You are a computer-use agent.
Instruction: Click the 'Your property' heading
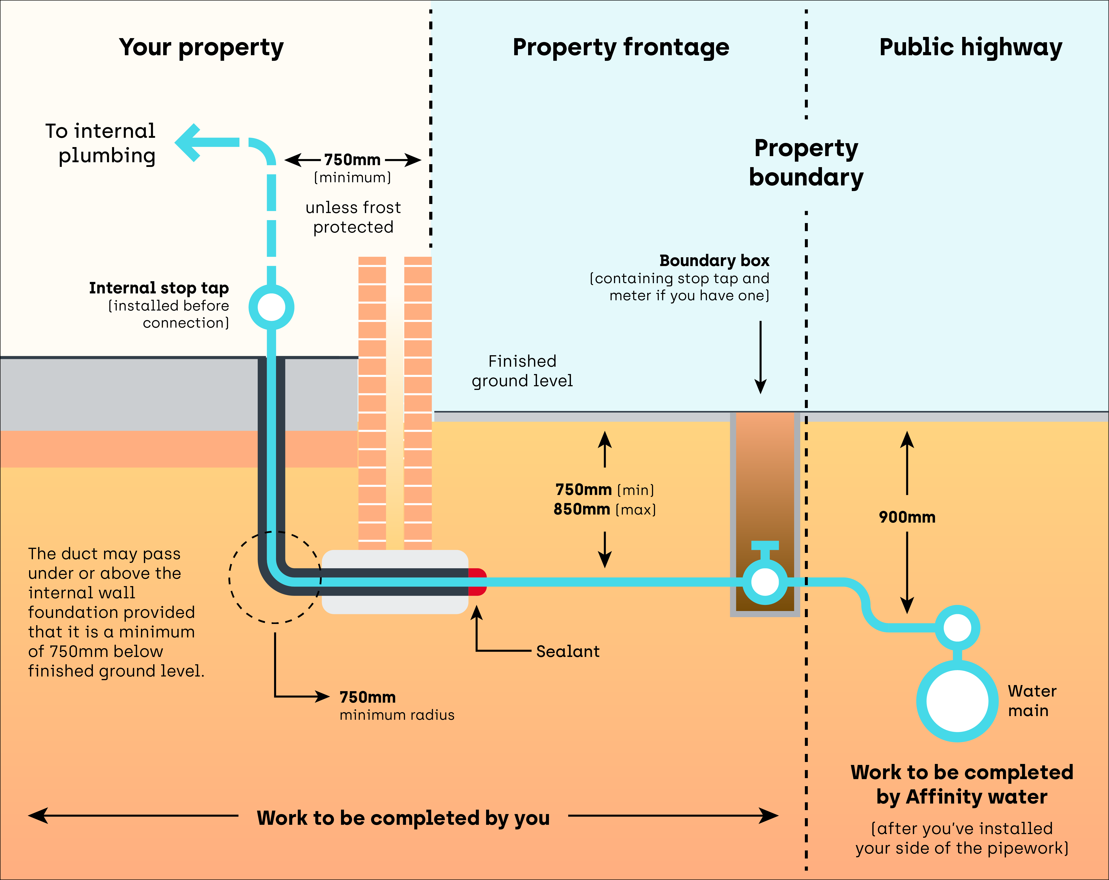[201, 47]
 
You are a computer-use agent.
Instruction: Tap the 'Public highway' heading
[970, 47]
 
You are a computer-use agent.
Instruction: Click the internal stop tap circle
[271, 307]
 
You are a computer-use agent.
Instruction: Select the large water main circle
[957, 700]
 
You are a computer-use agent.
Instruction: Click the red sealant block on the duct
[477, 582]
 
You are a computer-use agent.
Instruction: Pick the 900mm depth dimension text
[907, 517]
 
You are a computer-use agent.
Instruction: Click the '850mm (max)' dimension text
[604, 509]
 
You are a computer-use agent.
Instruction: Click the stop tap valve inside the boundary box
[765, 581]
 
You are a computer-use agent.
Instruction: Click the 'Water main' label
[1031, 700]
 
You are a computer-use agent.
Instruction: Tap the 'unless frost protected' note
[353, 217]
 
